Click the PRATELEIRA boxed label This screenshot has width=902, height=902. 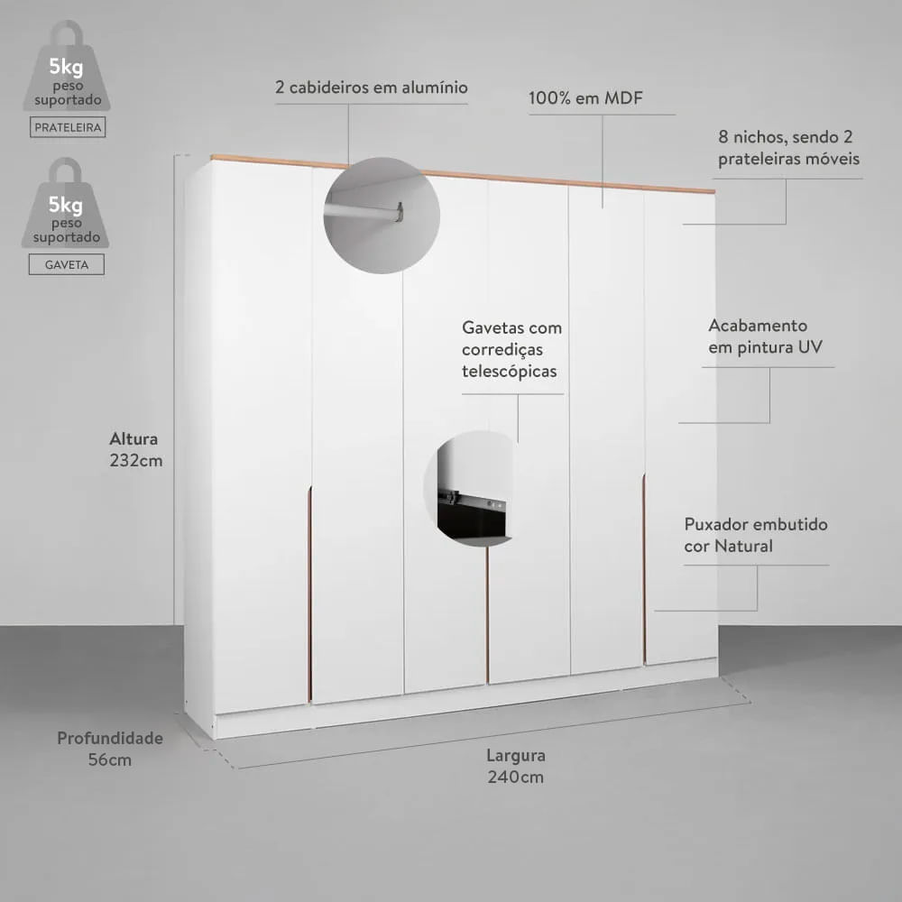click(x=68, y=127)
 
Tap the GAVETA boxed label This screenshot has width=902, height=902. click(x=67, y=264)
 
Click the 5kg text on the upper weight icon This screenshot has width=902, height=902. click(x=66, y=68)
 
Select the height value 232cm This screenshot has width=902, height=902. click(x=136, y=460)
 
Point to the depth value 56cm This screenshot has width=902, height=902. click(x=110, y=759)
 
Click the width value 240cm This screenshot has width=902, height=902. click(x=515, y=777)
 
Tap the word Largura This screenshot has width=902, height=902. click(x=516, y=755)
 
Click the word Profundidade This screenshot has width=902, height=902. click(x=110, y=738)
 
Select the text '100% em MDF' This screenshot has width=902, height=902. click(x=585, y=97)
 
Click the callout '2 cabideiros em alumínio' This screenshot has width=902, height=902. click(x=372, y=87)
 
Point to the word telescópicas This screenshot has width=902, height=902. click(x=509, y=372)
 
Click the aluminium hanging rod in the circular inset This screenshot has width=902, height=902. click(x=364, y=212)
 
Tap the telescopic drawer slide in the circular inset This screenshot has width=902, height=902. click(x=472, y=500)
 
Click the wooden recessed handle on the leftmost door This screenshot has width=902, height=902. click(x=309, y=594)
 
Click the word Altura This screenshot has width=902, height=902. click(x=133, y=439)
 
